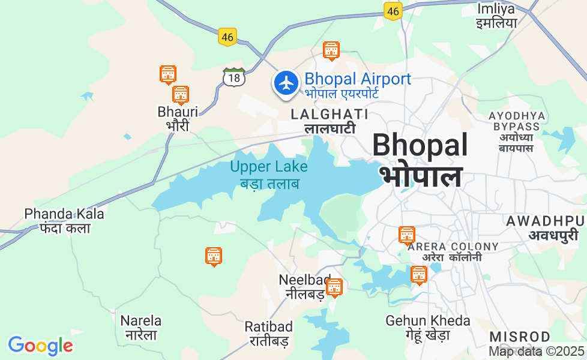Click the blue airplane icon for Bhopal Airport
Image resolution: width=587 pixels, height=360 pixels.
click(x=286, y=83)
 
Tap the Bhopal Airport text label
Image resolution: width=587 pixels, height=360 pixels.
click(x=357, y=85)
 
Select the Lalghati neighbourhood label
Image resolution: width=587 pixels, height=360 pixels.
click(x=330, y=121)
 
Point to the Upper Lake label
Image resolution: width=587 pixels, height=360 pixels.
click(x=268, y=174)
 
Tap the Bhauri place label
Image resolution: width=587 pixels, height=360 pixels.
click(x=177, y=118)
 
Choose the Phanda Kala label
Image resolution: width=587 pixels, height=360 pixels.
click(x=64, y=220)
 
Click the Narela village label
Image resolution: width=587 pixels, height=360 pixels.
click(x=140, y=327)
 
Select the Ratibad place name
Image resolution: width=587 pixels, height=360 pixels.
click(x=268, y=334)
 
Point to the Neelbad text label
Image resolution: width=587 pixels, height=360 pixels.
click(x=304, y=286)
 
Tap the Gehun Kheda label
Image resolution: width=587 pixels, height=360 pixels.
click(x=418, y=327)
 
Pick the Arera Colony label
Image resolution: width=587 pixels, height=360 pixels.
click(x=453, y=251)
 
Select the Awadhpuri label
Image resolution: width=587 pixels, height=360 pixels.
click(x=546, y=227)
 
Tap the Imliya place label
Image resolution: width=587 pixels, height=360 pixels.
click(x=496, y=16)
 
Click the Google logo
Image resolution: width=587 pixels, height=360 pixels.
click(x=40, y=346)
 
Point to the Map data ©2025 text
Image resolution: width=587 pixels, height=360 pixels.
click(x=536, y=351)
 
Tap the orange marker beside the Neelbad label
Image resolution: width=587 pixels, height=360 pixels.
click(x=334, y=288)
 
